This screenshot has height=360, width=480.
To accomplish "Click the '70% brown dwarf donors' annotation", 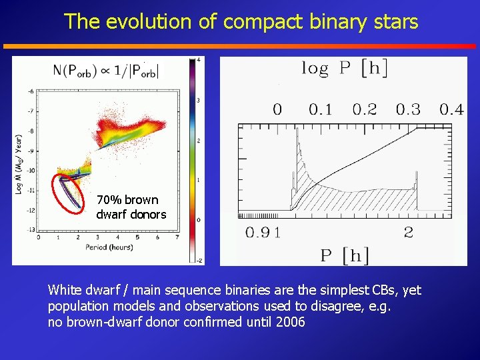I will [131, 207].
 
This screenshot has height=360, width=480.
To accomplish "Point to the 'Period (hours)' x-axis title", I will [109, 247].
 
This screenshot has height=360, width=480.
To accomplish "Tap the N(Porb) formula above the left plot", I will [107, 70].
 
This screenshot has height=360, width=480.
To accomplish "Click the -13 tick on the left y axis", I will [31, 230].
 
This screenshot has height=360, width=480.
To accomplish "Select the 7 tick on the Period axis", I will [177, 237].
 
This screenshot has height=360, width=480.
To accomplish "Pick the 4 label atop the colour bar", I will [199, 60].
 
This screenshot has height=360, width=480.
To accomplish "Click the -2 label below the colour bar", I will [198, 260].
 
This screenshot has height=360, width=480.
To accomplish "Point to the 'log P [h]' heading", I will [344, 68].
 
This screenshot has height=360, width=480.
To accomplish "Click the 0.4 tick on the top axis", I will [451, 109].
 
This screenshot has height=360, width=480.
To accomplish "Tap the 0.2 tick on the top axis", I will [364, 109].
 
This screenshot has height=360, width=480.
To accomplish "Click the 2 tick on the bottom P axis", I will [409, 233].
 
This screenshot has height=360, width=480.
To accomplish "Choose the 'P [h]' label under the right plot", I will [345, 255].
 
